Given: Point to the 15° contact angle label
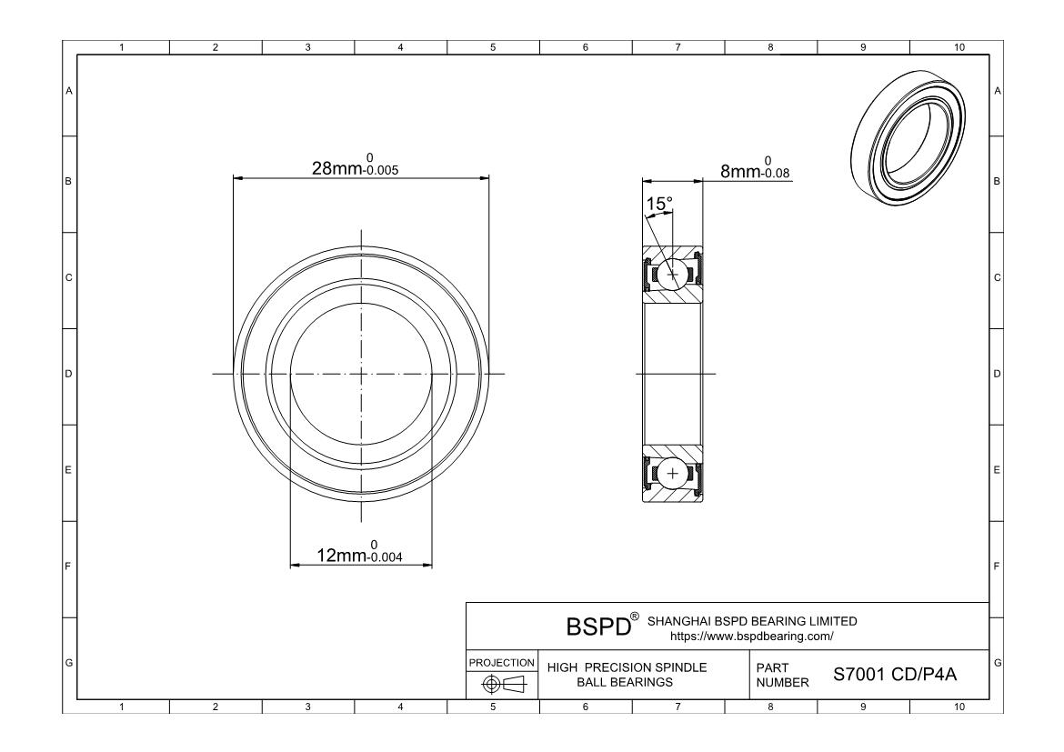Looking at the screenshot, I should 659,202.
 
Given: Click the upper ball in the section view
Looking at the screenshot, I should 673,274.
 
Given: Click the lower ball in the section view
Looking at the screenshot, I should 673,474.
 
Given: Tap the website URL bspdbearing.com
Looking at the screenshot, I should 751,637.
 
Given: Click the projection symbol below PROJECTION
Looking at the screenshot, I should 501,684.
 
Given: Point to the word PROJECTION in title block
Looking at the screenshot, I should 501,662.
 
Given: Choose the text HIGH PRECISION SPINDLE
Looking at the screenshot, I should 627,667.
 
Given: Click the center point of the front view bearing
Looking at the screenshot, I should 361,374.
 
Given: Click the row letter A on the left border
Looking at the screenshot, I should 68,91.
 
